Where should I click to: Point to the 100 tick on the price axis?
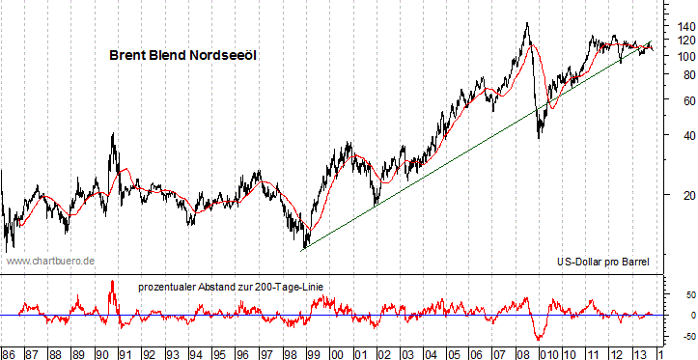coord(684,56)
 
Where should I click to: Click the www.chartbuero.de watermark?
coord(51,261)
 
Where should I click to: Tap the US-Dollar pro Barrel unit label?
coord(603,262)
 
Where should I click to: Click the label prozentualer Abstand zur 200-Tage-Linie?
coord(230,287)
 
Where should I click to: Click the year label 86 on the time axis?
coord(9,352)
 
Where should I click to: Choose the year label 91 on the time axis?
coord(125,352)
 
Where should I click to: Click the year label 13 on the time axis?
coord(639,352)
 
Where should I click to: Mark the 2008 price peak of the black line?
coord(526,23)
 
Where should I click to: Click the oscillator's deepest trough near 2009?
coord(538,339)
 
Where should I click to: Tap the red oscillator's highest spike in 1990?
coord(113,281)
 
